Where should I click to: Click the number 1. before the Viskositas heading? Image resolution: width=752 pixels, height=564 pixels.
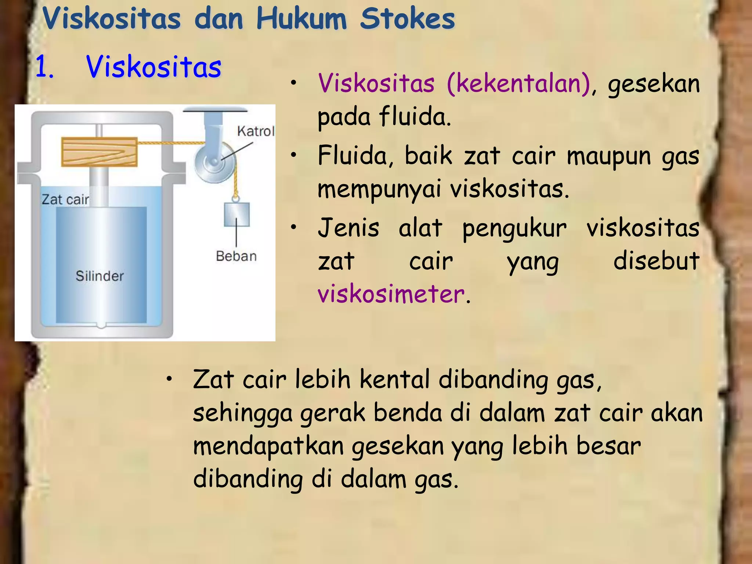[45, 67]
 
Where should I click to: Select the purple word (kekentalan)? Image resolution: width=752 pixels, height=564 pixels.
[518, 83]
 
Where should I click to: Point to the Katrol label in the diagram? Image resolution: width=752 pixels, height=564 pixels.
[256, 131]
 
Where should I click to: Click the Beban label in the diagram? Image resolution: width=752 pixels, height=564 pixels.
[236, 256]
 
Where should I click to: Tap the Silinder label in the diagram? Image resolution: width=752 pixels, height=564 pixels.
[100, 276]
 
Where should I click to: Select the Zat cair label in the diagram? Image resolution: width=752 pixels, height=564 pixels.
[65, 199]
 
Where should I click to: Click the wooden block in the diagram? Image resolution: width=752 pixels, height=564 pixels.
[99, 152]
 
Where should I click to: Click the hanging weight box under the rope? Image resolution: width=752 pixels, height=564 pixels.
[237, 214]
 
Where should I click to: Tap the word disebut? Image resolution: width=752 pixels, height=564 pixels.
[656, 261]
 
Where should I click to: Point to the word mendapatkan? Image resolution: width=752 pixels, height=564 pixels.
[268, 446]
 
